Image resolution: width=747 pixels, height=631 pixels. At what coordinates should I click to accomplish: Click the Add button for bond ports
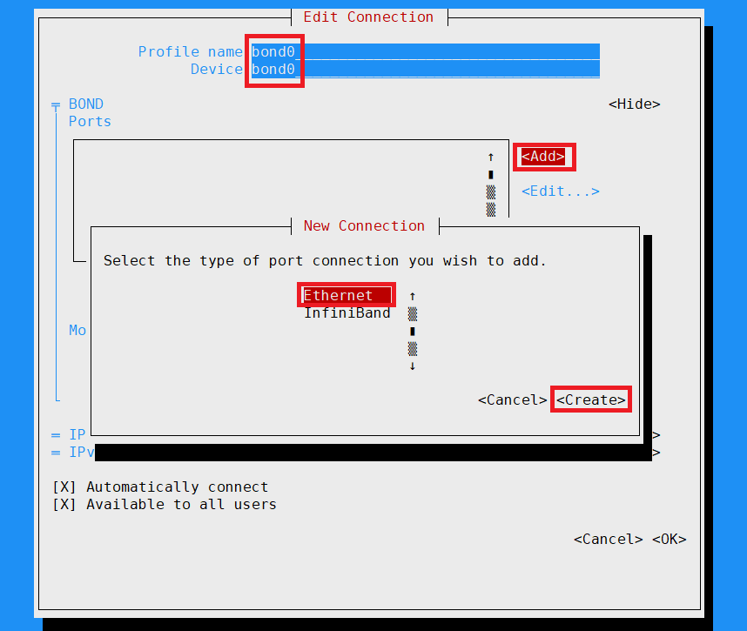(543, 157)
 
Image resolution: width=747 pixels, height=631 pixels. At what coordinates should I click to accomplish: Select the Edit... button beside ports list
(560, 191)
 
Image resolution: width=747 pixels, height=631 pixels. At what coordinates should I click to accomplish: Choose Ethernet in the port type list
(338, 296)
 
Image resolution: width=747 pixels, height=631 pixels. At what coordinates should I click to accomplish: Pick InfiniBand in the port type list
(347, 313)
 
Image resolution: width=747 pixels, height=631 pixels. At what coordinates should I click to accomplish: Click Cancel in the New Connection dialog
(512, 400)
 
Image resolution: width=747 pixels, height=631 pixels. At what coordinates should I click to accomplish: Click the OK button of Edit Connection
(669, 540)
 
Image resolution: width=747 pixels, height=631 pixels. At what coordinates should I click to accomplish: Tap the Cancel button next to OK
(608, 540)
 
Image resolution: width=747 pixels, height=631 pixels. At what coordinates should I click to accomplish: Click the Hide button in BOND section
(634, 104)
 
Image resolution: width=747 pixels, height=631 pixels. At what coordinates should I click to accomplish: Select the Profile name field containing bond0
(425, 52)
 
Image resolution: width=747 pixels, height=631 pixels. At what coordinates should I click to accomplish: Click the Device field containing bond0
(425, 70)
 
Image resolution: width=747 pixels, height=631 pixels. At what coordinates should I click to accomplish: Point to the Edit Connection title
(368, 17)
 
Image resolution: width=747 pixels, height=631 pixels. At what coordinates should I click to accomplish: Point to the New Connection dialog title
(364, 226)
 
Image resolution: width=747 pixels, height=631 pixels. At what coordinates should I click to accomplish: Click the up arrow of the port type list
(413, 296)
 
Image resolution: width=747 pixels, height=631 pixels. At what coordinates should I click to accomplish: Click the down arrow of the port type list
(413, 366)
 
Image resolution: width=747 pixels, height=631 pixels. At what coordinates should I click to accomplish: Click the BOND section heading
(85, 104)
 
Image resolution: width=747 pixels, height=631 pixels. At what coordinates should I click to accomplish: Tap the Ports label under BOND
(90, 122)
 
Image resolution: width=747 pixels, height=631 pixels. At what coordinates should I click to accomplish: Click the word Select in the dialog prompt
(129, 261)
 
